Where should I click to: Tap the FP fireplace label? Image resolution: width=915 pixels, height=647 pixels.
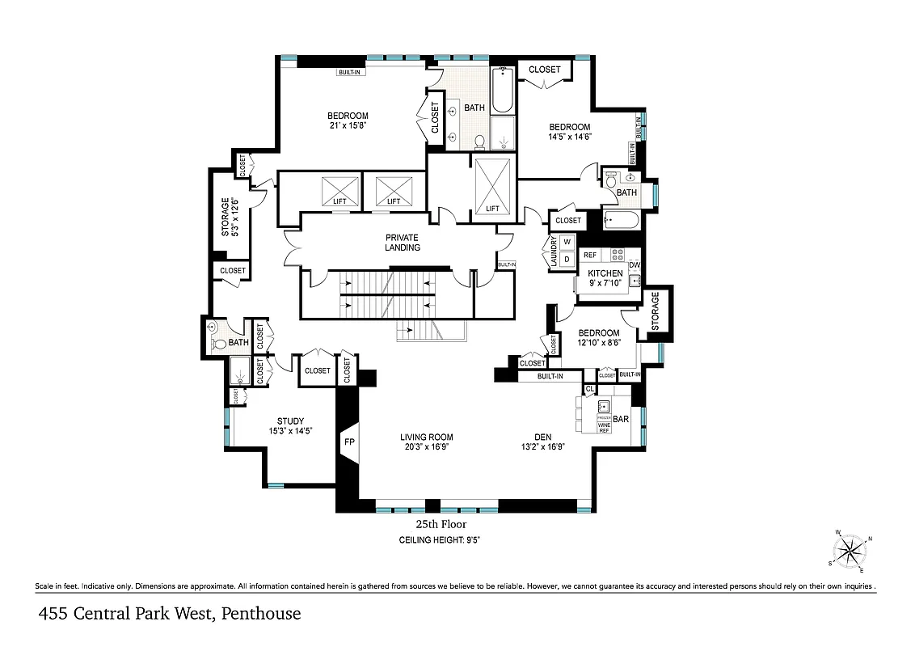pos(349,442)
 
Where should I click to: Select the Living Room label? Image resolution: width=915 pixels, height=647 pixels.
pos(426,438)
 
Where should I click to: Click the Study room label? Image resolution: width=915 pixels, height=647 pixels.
pos(290,421)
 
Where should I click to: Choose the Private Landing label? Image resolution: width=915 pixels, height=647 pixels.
pos(402,243)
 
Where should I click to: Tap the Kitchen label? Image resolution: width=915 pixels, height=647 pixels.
pos(605,273)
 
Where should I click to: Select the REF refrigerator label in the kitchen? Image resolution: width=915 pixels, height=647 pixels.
pos(590,255)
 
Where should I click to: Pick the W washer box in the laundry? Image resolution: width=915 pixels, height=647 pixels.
pos(567,242)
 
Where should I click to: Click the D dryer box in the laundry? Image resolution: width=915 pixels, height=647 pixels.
pos(567,259)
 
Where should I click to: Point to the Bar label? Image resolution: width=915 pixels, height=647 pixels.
pos(621,419)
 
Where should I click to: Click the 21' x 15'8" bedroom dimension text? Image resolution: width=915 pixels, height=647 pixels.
pos(348,125)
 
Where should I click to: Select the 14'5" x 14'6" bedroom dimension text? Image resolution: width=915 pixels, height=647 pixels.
pos(571,137)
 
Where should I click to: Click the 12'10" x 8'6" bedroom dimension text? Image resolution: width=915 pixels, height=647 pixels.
pos(599,343)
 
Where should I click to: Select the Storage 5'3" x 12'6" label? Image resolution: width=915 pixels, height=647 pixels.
pos(230,217)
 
